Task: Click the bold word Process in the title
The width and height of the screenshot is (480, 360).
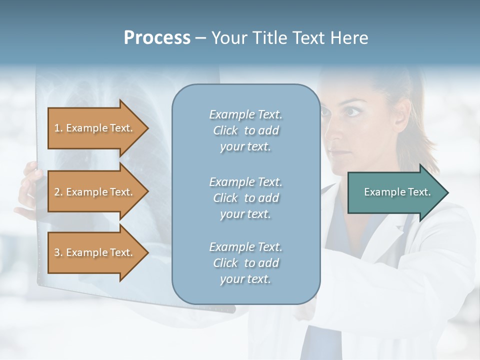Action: pyautogui.click(x=157, y=38)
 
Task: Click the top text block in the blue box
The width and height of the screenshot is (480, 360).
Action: pyautogui.click(x=245, y=130)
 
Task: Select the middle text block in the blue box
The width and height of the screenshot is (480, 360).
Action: pyautogui.click(x=245, y=198)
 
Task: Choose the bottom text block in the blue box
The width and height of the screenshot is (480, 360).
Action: pyautogui.click(x=245, y=263)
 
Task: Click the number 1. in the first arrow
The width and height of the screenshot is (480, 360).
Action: pyautogui.click(x=58, y=128)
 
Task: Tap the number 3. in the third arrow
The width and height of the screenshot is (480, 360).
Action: pyautogui.click(x=58, y=252)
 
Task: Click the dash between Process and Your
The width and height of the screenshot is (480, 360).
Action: pyautogui.click(x=201, y=38)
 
